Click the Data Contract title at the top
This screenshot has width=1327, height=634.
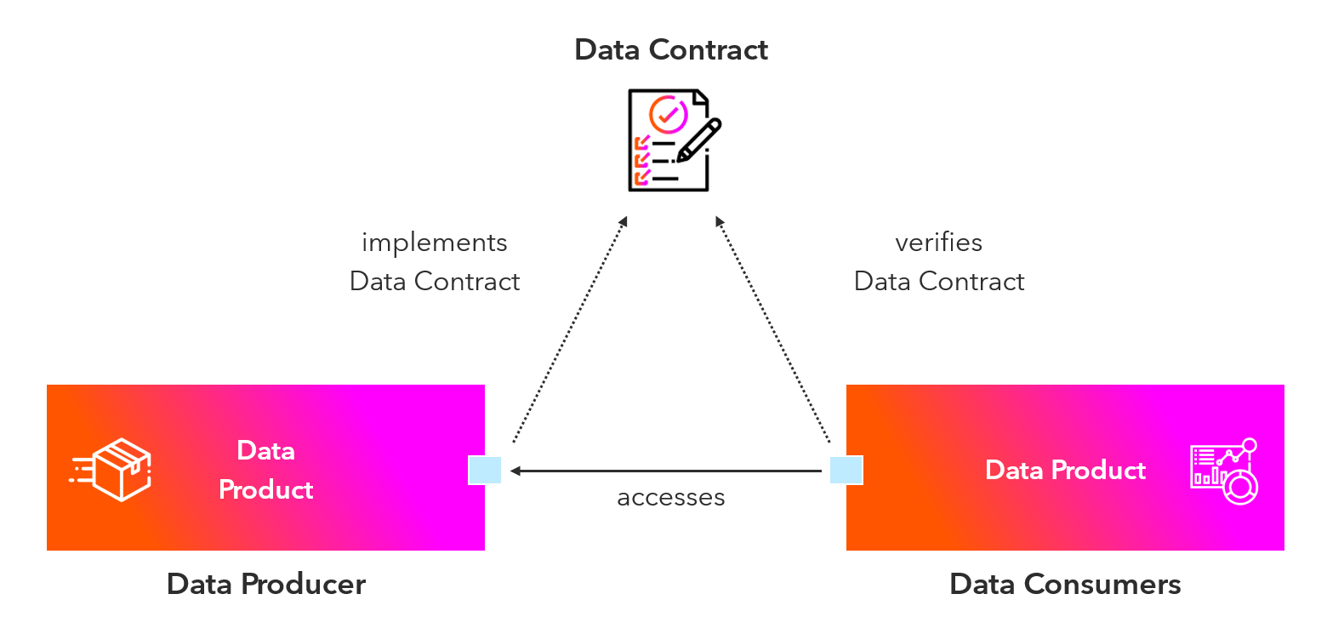point(671,49)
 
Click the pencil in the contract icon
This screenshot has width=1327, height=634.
point(700,140)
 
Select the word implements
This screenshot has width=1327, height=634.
point(435,243)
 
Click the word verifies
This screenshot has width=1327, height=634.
point(938,243)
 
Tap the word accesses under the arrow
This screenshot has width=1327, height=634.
point(671,497)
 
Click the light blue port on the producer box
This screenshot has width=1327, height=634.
point(485,470)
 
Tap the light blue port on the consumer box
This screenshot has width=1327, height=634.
point(846,470)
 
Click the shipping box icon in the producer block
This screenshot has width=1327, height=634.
point(111,469)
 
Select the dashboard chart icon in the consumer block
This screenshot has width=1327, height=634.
point(1224,471)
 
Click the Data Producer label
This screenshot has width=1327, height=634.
point(266,585)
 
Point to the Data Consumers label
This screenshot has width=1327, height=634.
point(1065,585)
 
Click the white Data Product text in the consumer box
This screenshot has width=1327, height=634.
point(1065,470)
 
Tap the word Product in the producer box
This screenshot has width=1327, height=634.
point(266,490)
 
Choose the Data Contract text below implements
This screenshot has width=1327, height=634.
point(435,282)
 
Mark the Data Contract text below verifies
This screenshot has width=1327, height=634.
point(939,282)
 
